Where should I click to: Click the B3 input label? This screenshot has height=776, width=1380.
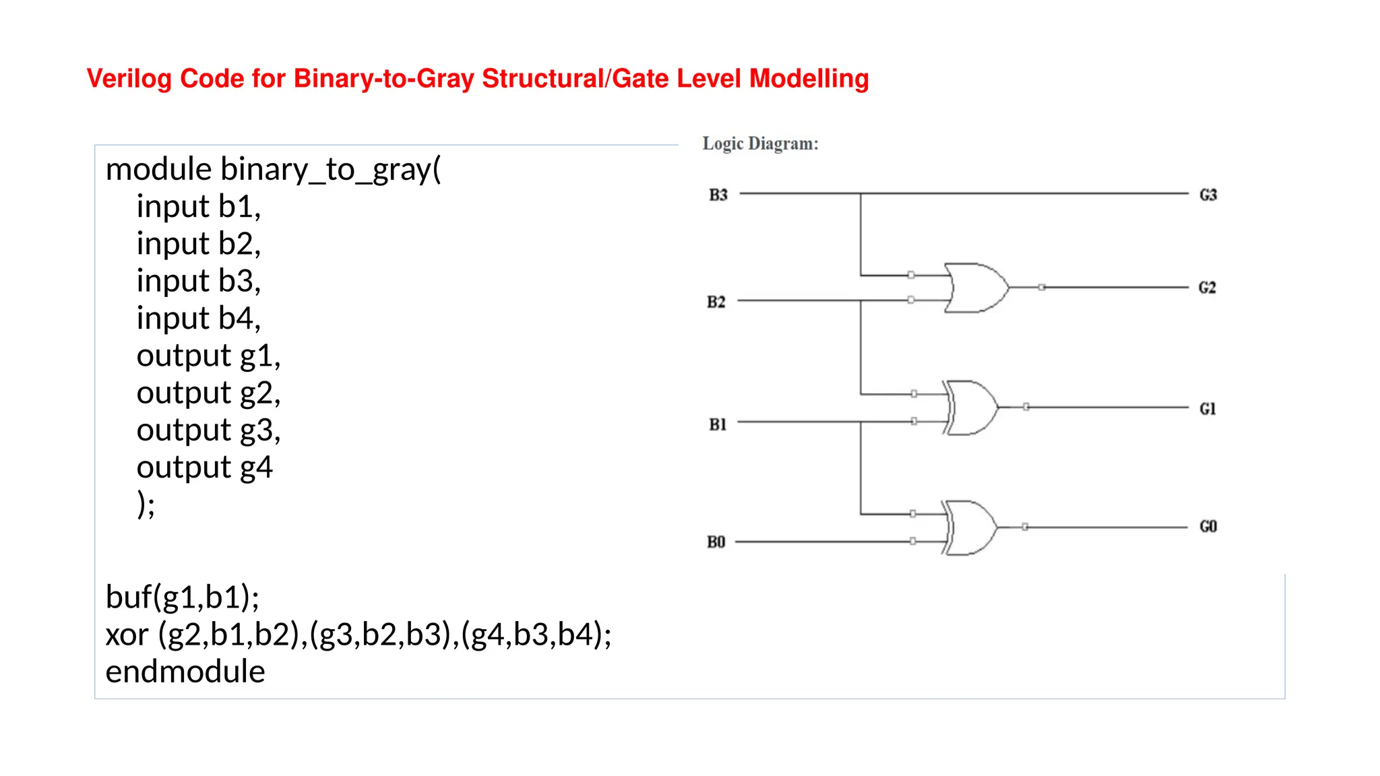[x=718, y=195]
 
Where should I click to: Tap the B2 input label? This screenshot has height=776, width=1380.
[x=716, y=302]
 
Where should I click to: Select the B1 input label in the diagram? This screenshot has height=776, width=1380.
[x=718, y=424]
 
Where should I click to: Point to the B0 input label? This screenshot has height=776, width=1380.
[x=716, y=542]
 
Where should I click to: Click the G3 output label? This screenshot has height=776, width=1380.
[x=1208, y=195]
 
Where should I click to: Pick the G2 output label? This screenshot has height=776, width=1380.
[x=1207, y=288]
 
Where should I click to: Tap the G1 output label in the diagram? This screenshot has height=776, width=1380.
[x=1207, y=409]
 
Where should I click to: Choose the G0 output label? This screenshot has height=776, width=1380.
[x=1208, y=527]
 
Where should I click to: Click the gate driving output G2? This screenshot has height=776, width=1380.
[x=976, y=288]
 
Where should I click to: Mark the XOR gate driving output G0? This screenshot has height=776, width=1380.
[x=970, y=527]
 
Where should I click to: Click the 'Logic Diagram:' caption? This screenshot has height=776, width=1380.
[x=760, y=143]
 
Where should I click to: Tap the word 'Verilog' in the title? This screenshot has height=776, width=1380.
[x=129, y=79]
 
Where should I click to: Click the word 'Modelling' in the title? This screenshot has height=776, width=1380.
[x=809, y=79]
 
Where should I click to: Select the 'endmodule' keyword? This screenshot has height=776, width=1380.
[x=185, y=672]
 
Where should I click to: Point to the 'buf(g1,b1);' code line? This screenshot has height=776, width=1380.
[x=183, y=597]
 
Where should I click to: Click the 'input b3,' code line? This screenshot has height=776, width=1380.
[x=198, y=281]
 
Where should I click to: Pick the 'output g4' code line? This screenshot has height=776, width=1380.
[x=204, y=467]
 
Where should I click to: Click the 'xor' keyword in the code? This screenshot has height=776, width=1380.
[x=127, y=635]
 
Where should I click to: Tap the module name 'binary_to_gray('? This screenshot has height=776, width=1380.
[x=330, y=169]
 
